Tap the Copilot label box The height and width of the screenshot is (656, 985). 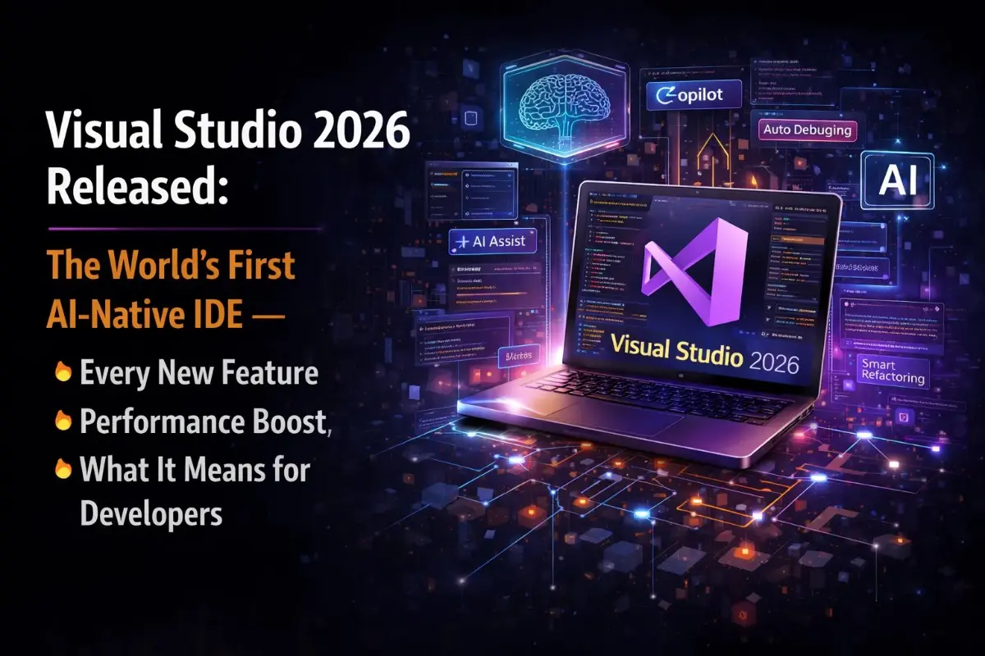(694, 95)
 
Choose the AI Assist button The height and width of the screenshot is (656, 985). (492, 242)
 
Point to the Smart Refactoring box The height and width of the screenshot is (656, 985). (893, 371)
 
